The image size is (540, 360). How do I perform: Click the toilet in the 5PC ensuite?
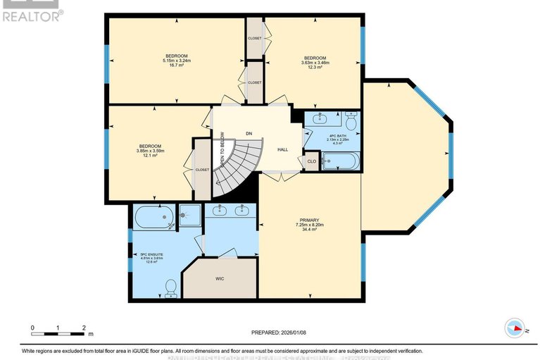click(170, 287)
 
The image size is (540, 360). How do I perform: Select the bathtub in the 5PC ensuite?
click(153, 217)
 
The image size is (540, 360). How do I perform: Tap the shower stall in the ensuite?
click(188, 217)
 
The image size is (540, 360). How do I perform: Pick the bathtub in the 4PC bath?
click(340, 163)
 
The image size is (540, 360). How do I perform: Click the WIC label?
click(220, 279)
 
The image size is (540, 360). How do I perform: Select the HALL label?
click(282, 149)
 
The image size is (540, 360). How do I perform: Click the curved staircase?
click(236, 166)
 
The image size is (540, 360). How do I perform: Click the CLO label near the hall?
click(311, 162)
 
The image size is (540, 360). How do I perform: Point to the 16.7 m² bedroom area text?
click(176, 65)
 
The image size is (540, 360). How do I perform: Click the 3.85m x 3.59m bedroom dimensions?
click(150, 150)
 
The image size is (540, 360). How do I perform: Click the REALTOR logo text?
click(32, 15)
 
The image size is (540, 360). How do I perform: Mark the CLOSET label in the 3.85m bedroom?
click(202, 169)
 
